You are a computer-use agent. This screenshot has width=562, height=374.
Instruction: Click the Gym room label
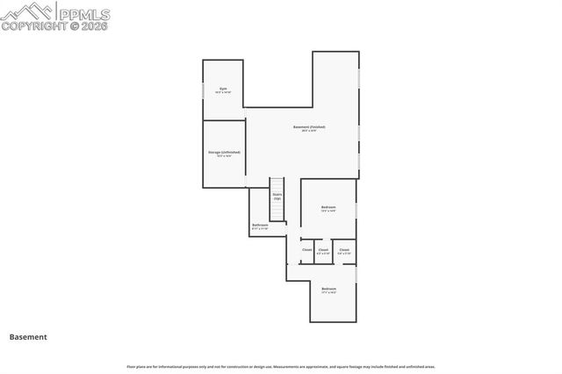pos(224,88)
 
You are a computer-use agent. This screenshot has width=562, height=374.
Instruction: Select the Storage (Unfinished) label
pos(224,152)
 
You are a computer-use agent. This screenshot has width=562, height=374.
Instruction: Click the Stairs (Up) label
pos(277,196)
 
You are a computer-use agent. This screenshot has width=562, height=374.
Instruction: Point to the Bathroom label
pos(260,225)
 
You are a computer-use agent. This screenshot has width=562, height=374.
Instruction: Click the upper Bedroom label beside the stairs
pos(328,207)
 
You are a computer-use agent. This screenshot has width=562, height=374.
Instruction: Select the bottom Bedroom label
pos(329,288)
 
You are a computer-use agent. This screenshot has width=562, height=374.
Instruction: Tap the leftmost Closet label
pos(307,249)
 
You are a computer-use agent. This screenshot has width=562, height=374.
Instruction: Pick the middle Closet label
pos(323,249)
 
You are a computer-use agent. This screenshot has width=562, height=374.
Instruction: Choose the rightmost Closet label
pos(344,249)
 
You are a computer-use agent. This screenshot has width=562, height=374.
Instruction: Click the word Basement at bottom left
pos(28,336)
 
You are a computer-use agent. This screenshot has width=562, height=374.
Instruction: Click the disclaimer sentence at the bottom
pos(281,366)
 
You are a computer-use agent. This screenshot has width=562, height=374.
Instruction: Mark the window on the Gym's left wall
pos(204,90)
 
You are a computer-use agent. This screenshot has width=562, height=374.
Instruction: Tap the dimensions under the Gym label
pos(224,92)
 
